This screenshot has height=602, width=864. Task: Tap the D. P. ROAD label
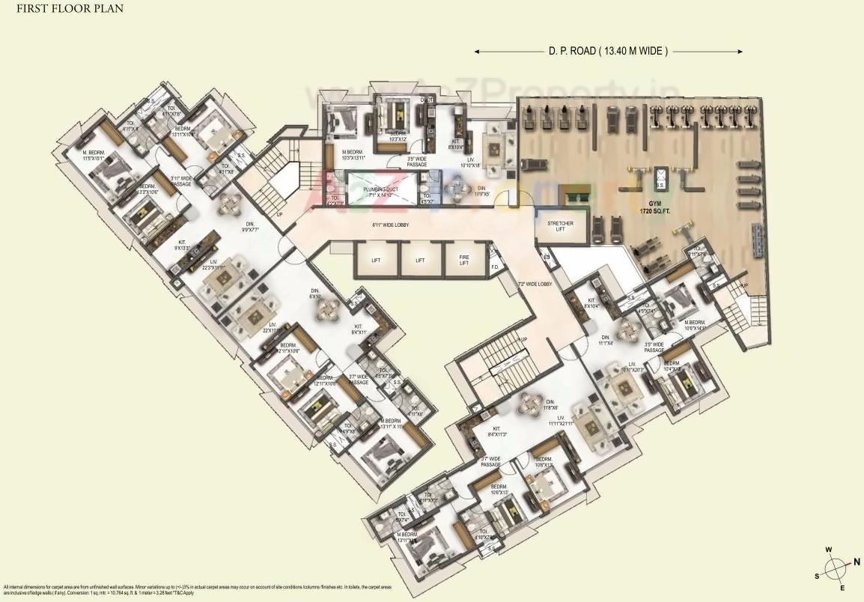pyautogui.click(x=608, y=51)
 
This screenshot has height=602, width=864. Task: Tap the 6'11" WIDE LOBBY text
pyautogui.click(x=389, y=225)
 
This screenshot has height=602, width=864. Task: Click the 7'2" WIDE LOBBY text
pyautogui.click(x=535, y=285)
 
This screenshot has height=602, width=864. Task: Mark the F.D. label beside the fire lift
pyautogui.click(x=495, y=267)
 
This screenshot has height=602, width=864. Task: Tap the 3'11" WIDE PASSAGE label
pyautogui.click(x=182, y=180)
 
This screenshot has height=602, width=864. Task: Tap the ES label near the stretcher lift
pyautogui.click(x=547, y=258)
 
